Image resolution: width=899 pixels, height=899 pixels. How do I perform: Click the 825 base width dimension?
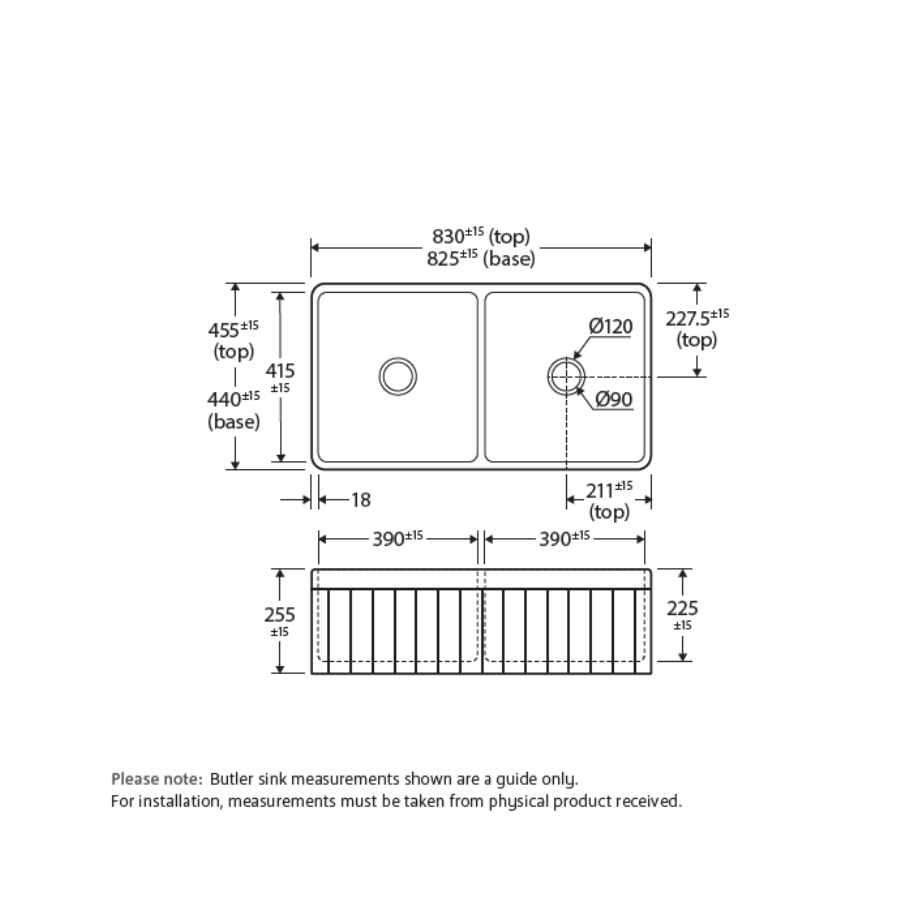click(481, 258)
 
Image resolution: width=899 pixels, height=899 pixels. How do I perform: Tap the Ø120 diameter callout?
click(610, 326)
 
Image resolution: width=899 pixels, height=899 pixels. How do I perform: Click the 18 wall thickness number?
click(361, 500)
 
